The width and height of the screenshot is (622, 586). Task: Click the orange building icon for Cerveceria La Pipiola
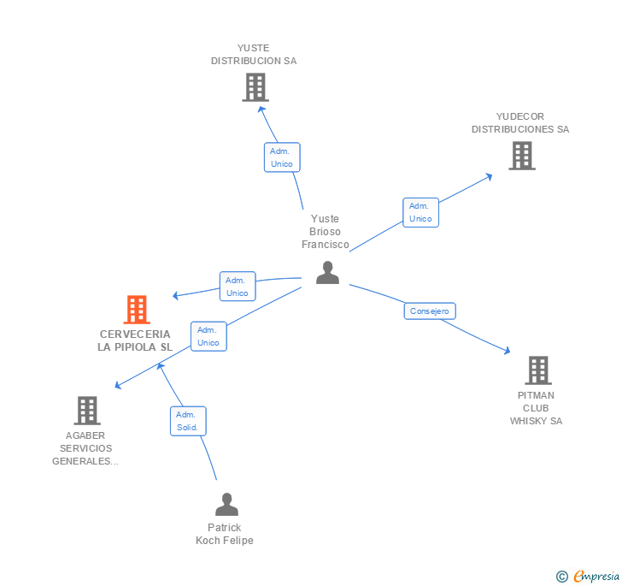click(x=137, y=310)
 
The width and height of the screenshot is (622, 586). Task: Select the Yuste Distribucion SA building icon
click(x=255, y=87)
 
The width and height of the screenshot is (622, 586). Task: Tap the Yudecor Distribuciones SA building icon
click(x=521, y=156)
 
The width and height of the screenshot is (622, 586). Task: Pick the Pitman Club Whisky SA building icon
click(x=537, y=370)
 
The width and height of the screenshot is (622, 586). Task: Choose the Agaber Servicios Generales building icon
click(x=86, y=411)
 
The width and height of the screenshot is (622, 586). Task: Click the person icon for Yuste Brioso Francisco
click(x=327, y=273)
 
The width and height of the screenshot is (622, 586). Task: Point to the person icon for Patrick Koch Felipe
click(x=226, y=505)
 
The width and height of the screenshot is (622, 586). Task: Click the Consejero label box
click(x=429, y=311)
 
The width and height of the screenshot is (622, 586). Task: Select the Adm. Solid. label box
click(x=187, y=421)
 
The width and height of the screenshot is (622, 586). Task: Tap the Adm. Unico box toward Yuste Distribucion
click(x=281, y=157)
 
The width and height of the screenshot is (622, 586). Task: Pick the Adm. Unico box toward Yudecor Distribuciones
click(x=420, y=212)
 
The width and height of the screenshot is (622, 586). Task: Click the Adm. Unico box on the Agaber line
click(x=208, y=336)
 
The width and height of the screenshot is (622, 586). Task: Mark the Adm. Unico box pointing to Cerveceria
click(x=237, y=287)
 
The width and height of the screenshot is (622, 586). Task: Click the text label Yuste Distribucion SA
click(x=254, y=55)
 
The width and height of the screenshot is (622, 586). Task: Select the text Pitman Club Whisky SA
click(x=536, y=408)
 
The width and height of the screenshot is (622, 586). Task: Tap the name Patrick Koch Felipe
click(x=225, y=534)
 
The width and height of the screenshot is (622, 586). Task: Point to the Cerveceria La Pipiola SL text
click(x=135, y=340)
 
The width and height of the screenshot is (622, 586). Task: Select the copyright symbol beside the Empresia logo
click(x=561, y=577)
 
